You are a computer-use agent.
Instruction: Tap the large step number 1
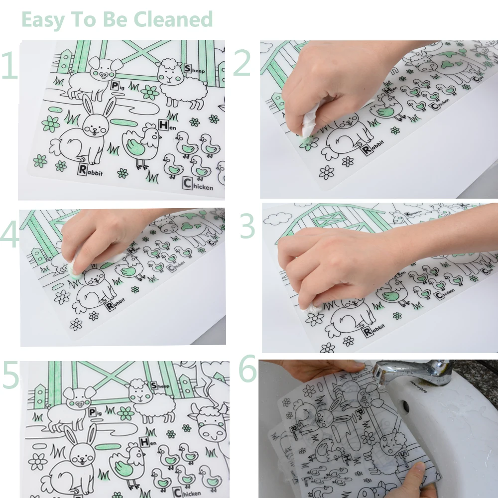coord(9,66)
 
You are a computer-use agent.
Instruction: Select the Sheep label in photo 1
coord(194,69)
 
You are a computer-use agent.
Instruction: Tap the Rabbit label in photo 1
coord(90,170)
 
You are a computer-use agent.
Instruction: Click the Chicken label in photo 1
coord(197,184)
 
